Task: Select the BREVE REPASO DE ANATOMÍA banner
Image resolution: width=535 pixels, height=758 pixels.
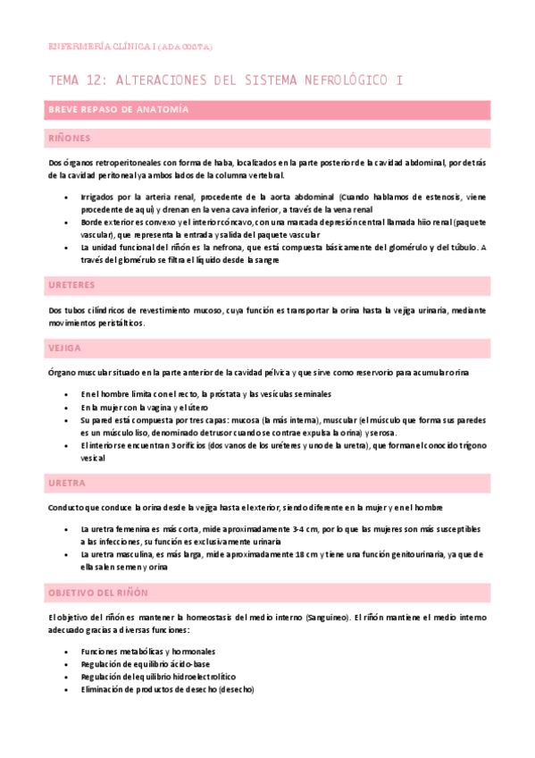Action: [x=118, y=110]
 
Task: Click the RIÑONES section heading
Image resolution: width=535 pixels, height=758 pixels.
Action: [x=69, y=139]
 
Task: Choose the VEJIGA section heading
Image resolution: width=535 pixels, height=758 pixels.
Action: [x=64, y=347]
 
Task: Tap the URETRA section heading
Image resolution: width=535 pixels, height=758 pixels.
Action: [x=66, y=483]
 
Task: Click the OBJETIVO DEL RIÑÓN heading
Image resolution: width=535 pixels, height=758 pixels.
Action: [x=98, y=593]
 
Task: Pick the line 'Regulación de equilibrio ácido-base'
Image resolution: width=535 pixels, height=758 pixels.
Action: [x=145, y=664]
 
